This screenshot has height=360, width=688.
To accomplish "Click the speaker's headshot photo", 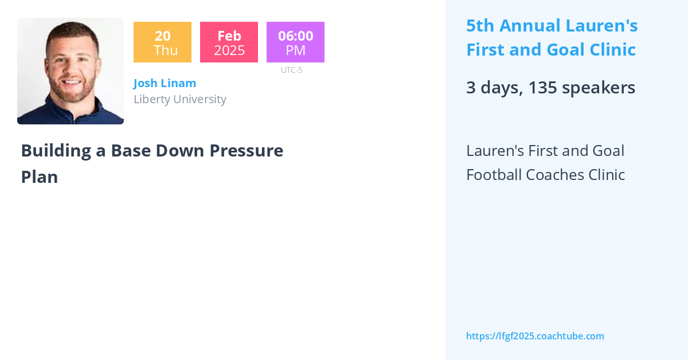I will tap(71, 71).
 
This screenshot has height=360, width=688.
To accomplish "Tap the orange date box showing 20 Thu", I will tap(162, 42).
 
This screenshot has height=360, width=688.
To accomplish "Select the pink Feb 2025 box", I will tap(229, 42).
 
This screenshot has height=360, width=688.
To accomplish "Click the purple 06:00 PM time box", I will tap(295, 42).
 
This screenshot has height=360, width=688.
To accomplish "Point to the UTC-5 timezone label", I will tap(292, 70).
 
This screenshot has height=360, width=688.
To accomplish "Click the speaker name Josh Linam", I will tap(165, 83).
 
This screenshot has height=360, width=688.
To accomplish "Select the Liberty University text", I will tap(180, 99).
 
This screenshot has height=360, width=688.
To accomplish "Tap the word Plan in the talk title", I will tap(40, 177).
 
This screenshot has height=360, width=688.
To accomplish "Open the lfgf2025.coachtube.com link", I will tap(535, 336).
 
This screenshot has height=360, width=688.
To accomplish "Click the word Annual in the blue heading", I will tap(531, 26).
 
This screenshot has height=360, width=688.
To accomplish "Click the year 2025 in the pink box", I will tap(229, 50).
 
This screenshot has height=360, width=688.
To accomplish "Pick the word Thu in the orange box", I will tap(166, 50).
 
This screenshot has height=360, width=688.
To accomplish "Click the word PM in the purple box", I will tap(296, 50).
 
